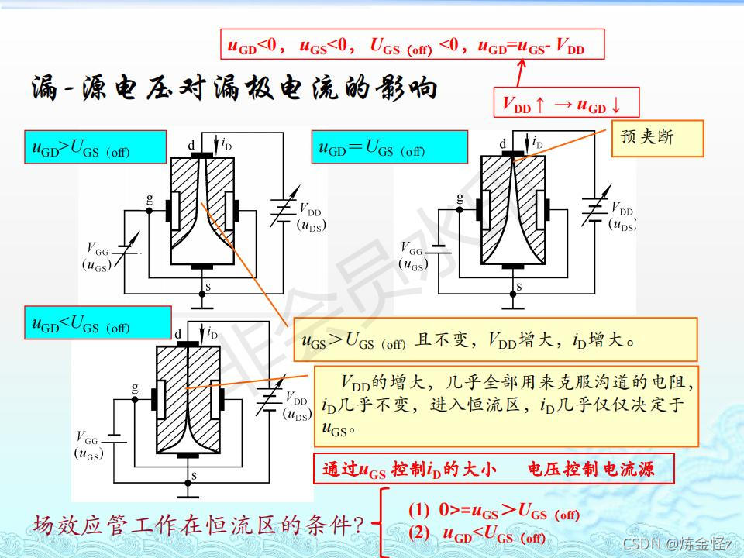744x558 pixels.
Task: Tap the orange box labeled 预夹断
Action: point(657,138)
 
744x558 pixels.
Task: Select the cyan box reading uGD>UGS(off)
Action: point(95,146)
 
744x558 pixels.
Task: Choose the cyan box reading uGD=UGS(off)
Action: point(390,146)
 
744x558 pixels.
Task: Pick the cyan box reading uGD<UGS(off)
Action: point(98,322)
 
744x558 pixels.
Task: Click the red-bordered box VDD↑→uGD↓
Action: point(567,102)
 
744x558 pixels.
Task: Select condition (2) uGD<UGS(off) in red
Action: point(493,536)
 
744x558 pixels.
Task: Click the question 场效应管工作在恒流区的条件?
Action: point(198,526)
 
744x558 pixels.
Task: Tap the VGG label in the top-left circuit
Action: point(98,249)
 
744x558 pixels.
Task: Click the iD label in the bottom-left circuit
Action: point(212,334)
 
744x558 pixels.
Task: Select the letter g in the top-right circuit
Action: point(460,197)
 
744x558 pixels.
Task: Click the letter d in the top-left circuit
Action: point(191,144)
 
